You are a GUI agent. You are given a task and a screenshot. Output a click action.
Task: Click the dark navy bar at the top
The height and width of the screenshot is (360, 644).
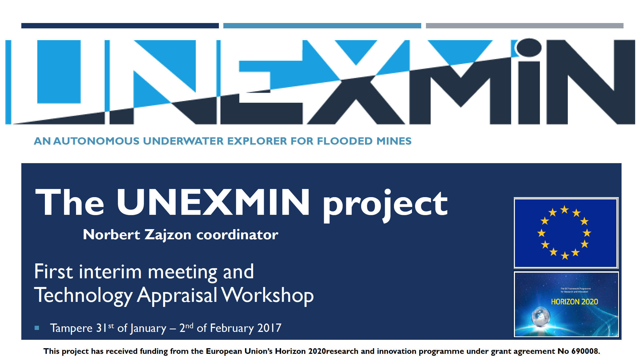click(x=120, y=26)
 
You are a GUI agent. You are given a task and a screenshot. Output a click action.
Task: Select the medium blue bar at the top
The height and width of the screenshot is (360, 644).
click(x=322, y=26)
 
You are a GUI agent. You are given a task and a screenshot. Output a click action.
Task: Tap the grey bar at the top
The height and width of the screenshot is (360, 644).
click(x=525, y=26)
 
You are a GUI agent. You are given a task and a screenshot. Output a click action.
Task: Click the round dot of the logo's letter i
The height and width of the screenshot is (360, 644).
click(x=529, y=47)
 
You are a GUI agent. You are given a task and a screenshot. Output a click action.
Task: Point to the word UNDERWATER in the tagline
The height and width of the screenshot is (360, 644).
click(x=183, y=141)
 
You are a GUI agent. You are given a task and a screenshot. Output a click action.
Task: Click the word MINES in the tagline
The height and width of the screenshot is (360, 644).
click(x=394, y=141)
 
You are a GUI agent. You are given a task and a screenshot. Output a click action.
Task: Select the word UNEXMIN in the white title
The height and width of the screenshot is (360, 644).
click(x=213, y=202)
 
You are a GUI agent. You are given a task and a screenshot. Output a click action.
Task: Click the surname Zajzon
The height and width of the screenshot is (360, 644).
click(x=168, y=235)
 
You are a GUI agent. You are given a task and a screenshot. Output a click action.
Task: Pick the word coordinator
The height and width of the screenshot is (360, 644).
click(x=237, y=234)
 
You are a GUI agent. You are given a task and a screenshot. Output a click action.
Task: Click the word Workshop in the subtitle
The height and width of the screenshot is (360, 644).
click(x=267, y=295)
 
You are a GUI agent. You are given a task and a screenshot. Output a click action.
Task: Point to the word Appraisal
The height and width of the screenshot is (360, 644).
click(x=177, y=296)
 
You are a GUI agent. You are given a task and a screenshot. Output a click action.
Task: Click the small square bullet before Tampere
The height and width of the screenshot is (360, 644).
click(x=37, y=328)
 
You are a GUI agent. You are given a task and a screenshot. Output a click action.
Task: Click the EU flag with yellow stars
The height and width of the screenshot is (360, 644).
click(x=566, y=233)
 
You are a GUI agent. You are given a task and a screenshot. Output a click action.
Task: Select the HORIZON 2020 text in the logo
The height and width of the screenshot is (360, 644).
click(x=574, y=302)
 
